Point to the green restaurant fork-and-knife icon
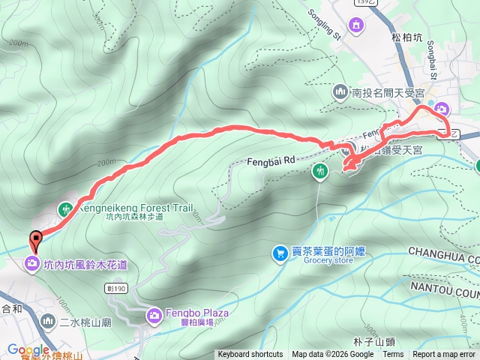point(320,172)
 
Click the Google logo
point(28,349)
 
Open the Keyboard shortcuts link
point(250,355)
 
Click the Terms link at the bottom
point(393,355)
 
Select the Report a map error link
point(444,355)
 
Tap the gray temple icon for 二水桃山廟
point(48,321)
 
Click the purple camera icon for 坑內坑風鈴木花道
point(31,263)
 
